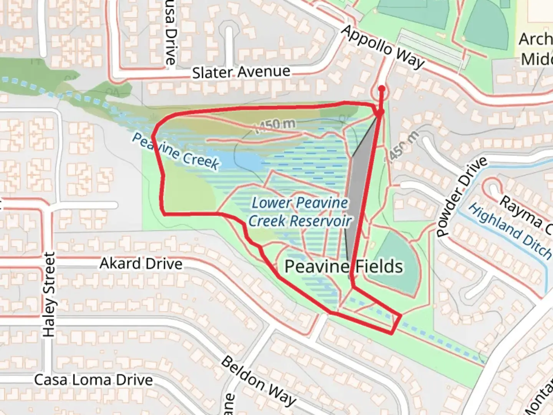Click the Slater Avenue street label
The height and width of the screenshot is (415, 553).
pos(241,72)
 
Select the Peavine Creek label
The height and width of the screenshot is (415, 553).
pos(176,151)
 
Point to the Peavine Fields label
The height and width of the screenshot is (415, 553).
pos(344,266)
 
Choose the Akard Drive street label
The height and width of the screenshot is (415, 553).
pos(141,264)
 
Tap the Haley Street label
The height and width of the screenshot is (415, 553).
pos(49,295)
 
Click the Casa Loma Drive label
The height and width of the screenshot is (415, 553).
pos(93,380)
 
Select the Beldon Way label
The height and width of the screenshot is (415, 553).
pos(258,380)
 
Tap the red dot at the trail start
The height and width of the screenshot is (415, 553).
pos(381,89)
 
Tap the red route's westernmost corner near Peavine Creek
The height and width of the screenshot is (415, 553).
pos(153,136)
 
